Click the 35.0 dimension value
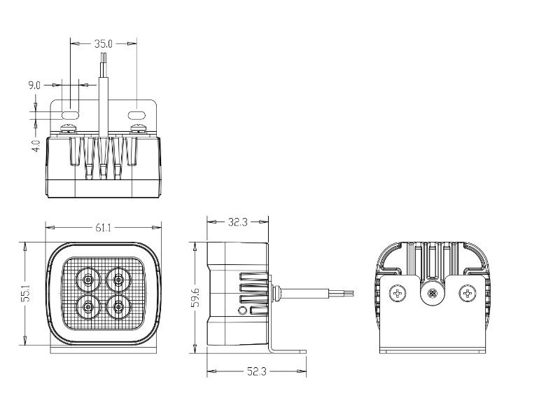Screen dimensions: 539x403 (103, 43)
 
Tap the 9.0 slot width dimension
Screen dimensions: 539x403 (34, 85)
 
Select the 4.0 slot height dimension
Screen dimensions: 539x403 (36, 145)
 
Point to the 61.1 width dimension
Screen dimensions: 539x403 (103, 228)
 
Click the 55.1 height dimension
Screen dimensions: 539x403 (26, 293)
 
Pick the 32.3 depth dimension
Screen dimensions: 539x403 (238, 222)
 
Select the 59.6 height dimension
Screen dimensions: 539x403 (195, 297)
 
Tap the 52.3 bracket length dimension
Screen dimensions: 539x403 (257, 371)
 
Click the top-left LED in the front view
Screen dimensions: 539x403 (88, 280)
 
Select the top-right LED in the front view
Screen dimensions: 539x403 (118, 280)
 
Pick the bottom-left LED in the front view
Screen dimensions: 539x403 (88, 306)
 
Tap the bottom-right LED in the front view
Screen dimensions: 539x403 (118, 306)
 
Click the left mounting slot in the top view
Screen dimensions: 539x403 (70, 115)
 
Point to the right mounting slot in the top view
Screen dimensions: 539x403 (136, 115)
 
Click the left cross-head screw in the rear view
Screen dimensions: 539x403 (398, 294)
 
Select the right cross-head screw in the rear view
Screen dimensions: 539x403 (468, 294)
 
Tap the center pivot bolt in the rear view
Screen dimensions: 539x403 (433, 294)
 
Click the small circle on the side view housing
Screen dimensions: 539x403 (243, 310)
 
